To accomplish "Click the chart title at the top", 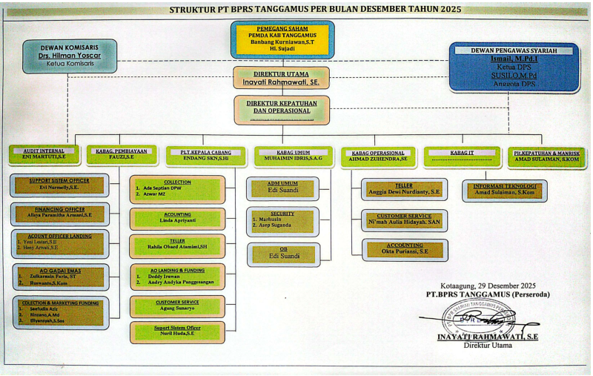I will coord(315,10).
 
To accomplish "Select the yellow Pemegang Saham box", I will coord(282,39).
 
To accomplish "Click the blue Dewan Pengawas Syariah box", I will coord(514,66).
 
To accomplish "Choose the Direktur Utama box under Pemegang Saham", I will coord(281,78).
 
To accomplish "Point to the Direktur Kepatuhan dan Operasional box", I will coord(281,109).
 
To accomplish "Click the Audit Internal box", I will coord(44,155).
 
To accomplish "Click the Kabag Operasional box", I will coord(378,156).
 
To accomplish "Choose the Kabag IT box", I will coord(462,156).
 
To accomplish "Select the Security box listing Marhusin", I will coord(282,221).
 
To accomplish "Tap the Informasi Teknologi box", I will coord(505,191).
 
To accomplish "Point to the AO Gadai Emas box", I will coord(61,277).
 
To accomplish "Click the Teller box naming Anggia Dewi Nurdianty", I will coord(405,189).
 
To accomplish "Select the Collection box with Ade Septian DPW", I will coord(177,189).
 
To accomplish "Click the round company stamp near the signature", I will coord(477,318).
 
